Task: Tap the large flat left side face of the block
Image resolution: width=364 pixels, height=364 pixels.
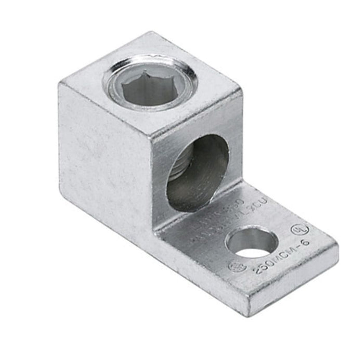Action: tap(104, 156)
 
